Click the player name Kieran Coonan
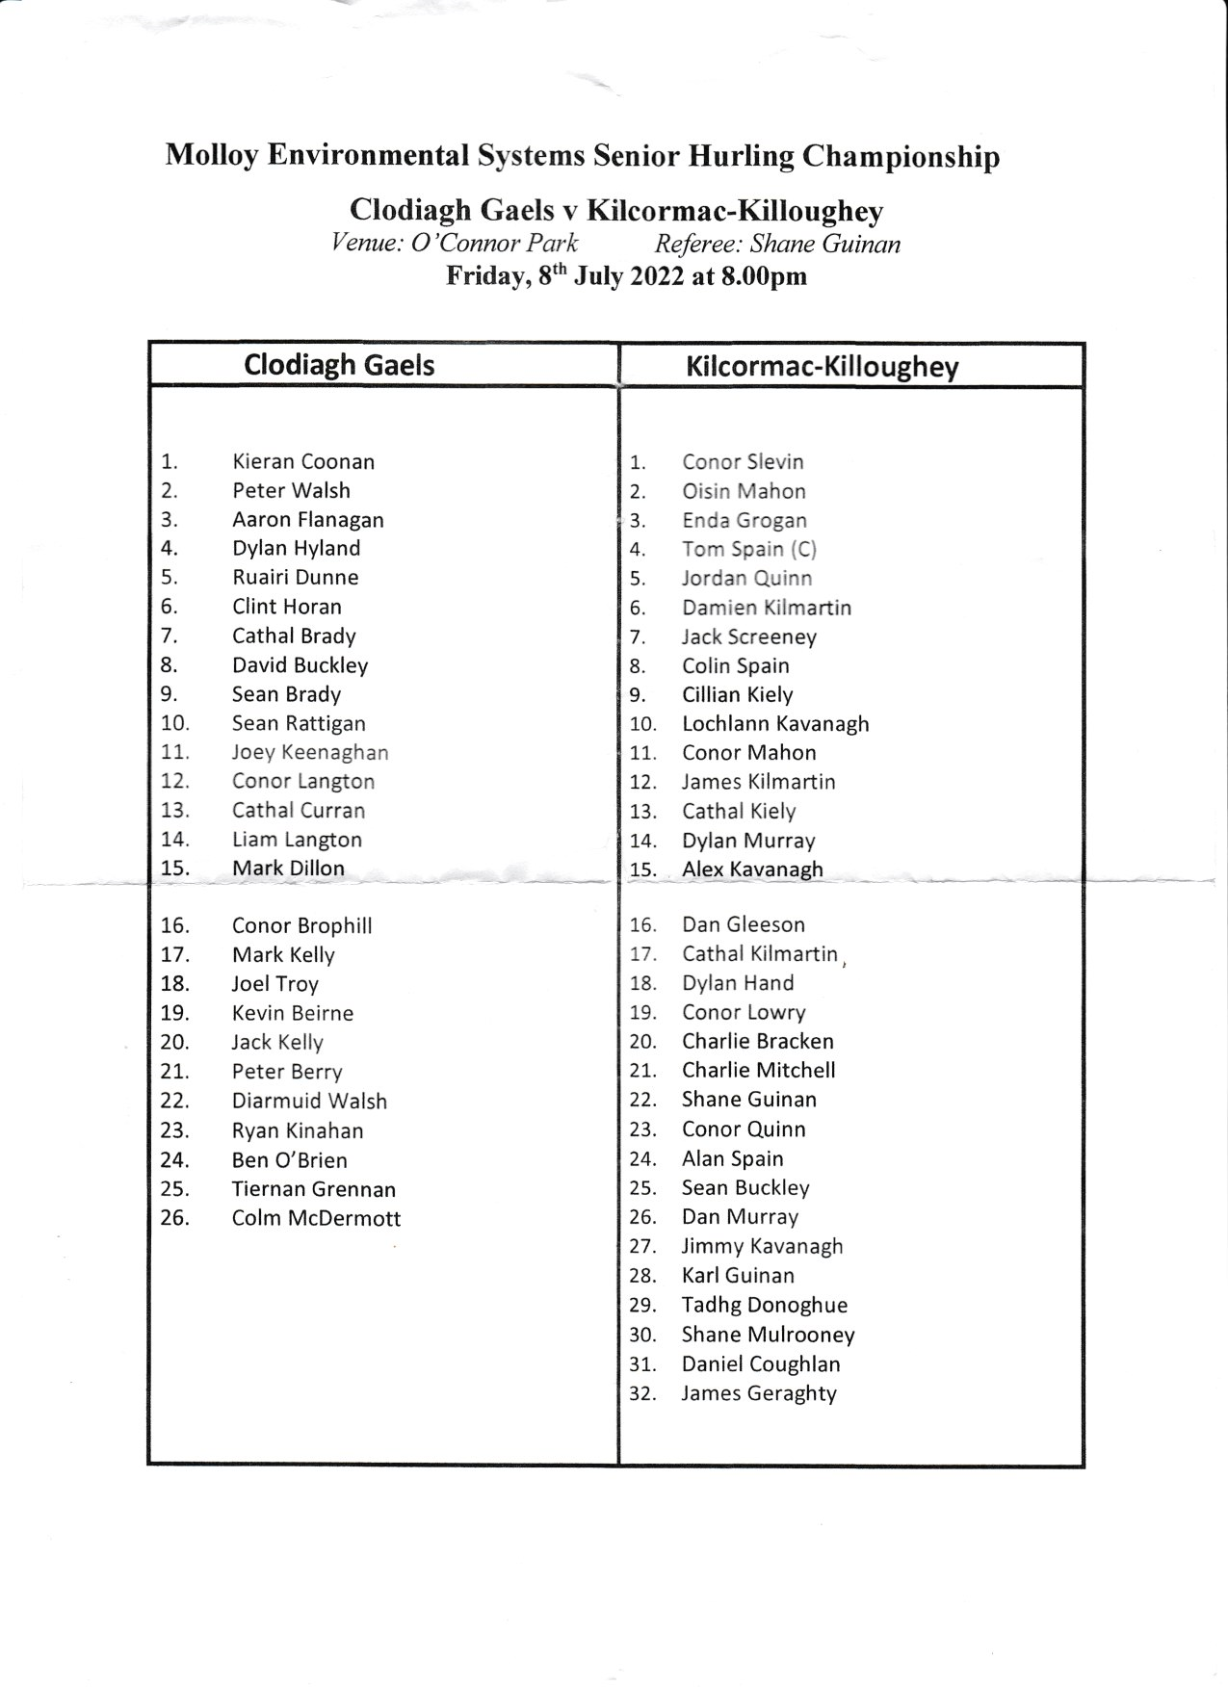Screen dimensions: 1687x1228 tap(302, 462)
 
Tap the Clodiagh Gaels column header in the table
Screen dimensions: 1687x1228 tap(339, 365)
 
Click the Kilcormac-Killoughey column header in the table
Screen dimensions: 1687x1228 tap(822, 367)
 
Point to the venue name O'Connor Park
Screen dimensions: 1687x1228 tap(494, 243)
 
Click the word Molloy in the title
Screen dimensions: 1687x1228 tap(211, 155)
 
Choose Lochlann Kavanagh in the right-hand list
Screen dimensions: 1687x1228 tap(775, 724)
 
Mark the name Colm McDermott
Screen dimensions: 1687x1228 tap(316, 1218)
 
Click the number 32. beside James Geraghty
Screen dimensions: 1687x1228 tap(642, 1393)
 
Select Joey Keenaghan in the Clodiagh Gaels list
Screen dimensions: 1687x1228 tap(309, 753)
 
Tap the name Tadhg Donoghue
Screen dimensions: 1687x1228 tap(764, 1306)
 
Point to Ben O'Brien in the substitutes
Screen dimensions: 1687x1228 tap(289, 1160)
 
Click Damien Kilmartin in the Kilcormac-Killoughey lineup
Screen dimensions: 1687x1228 tap(767, 608)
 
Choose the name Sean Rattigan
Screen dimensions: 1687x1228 tap(298, 724)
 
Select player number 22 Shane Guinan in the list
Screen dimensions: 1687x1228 tap(748, 1100)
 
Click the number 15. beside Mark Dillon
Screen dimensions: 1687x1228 tap(174, 869)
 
